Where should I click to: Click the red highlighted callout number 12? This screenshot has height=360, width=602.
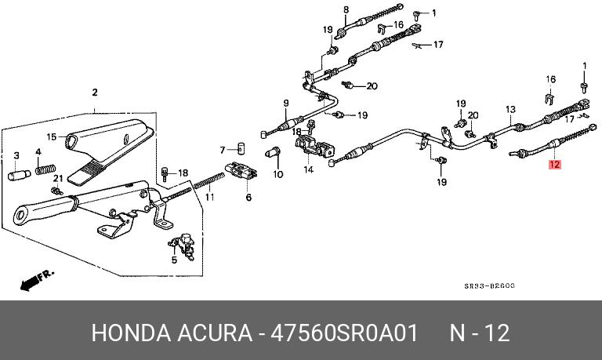pos(555,165)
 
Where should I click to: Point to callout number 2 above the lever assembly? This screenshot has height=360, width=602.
pos(95,93)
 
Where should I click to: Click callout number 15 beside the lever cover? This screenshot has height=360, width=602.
pos(51,136)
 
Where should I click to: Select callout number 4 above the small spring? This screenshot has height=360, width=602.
pos(38,151)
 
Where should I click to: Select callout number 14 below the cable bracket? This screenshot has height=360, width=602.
pos(308,169)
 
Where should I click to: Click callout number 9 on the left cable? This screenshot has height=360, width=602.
pos(286,103)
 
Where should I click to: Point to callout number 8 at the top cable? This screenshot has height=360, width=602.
pos(345,9)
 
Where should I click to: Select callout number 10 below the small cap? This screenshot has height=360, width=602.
pos(277,174)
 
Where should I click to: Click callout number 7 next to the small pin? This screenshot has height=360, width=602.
pos(223,149)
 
